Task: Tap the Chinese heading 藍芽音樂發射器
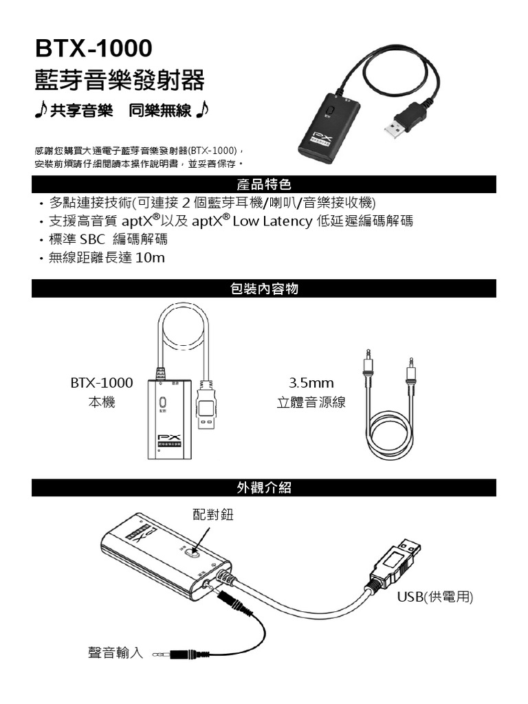coord(119,80)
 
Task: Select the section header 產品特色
coord(264,184)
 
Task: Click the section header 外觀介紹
coord(264,487)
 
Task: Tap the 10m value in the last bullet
coord(151,258)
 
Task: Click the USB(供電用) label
coord(435,597)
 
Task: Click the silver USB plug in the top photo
coord(397,128)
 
